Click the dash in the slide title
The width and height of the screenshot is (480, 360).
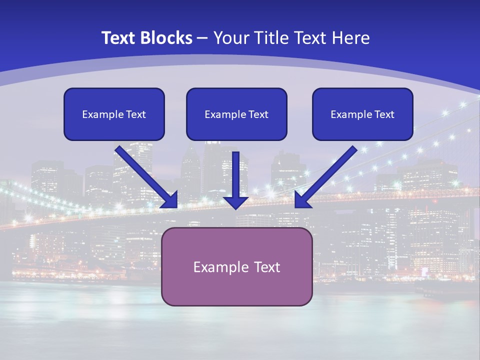tap(202, 38)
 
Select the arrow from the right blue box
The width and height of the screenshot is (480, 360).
tap(330, 172)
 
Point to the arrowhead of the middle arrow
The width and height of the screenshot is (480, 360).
tap(236, 202)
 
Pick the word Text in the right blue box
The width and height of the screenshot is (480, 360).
tap(384, 114)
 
